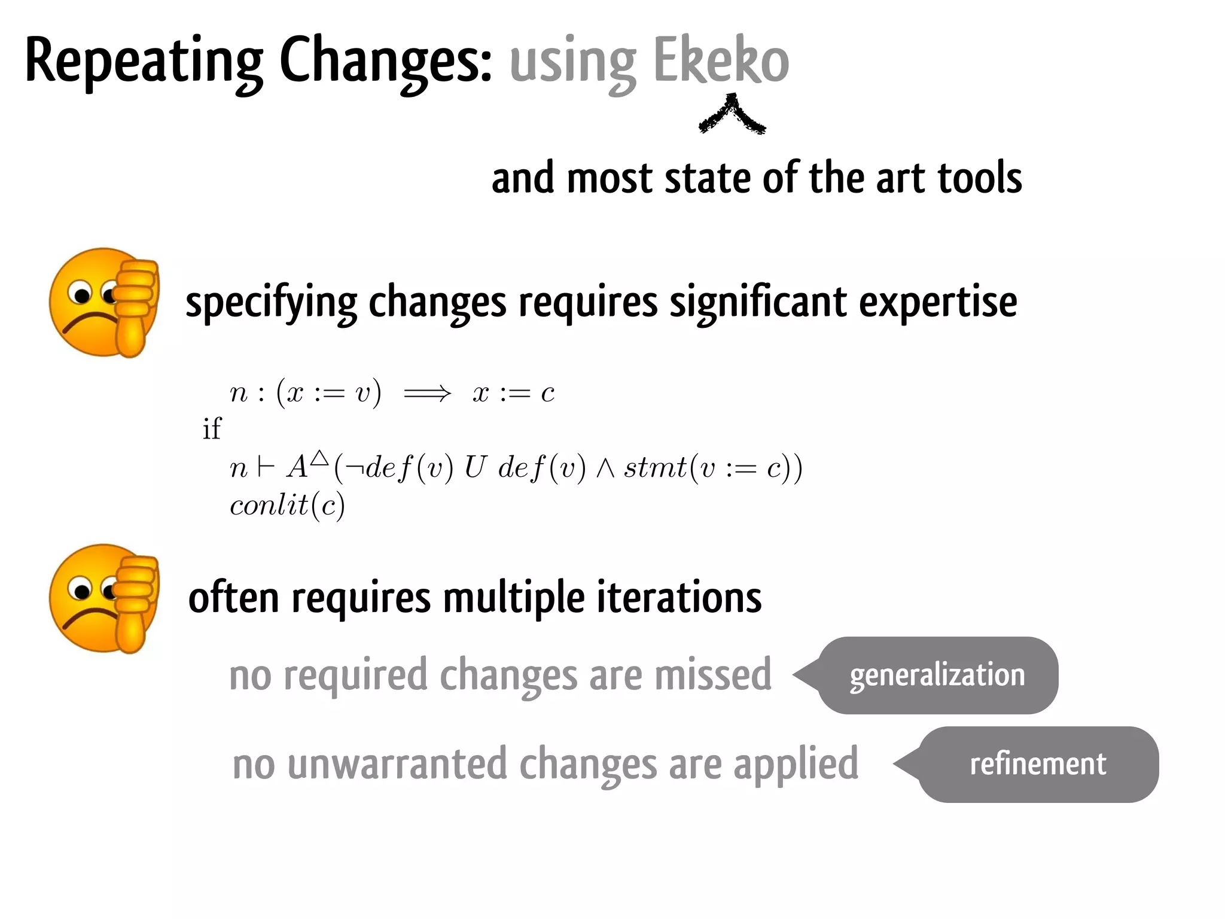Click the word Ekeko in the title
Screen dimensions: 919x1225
(x=721, y=61)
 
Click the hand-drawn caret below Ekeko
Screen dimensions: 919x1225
(x=732, y=115)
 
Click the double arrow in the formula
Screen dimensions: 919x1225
(x=427, y=394)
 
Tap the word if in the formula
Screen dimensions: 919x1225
(x=211, y=429)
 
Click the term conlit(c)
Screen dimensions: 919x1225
(x=287, y=506)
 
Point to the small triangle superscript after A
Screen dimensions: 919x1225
(x=320, y=458)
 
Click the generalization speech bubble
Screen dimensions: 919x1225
(x=937, y=675)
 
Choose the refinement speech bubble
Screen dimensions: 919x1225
(x=1037, y=764)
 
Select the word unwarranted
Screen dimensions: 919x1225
(x=397, y=764)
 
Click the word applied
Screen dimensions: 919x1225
(x=796, y=765)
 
